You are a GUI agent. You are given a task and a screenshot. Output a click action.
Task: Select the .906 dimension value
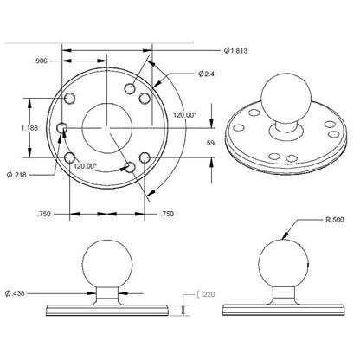(40, 61)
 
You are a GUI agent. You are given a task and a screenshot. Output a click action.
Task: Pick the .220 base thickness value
(209, 295)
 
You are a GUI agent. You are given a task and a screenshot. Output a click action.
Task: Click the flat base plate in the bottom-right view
(282, 310)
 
